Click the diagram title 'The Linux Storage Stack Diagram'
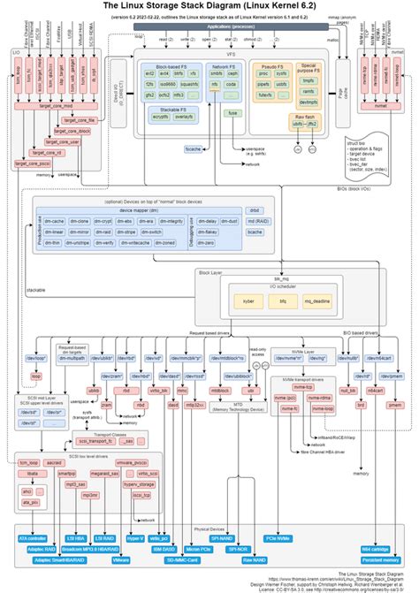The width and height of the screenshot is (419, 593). tap(209, 6)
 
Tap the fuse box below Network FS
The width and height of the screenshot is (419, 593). tap(232, 113)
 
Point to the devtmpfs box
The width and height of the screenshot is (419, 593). tap(308, 102)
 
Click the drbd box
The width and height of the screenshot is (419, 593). tap(255, 210)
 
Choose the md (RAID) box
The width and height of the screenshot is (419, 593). tap(255, 221)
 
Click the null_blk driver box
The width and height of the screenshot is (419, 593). tap(347, 389)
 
